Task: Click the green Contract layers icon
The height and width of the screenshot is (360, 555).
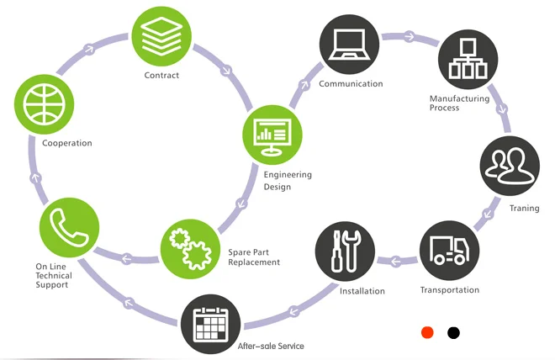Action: coord(161,36)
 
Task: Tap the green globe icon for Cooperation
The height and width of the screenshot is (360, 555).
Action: coord(45,104)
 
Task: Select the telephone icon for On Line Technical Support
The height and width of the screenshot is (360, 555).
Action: coord(69,228)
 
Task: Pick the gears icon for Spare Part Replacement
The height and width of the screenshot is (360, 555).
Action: coord(190,249)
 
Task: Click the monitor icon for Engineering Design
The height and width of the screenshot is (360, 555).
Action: coord(272,135)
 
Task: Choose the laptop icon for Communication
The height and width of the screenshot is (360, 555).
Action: coord(349,45)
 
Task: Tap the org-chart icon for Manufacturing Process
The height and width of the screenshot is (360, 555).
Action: coord(468,60)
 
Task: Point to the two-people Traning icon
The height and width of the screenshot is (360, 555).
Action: coord(510,166)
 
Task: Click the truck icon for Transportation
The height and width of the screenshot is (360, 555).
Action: coord(450,251)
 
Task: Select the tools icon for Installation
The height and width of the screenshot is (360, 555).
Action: coord(345,251)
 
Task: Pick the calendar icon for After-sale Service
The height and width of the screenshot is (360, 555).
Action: coord(211,324)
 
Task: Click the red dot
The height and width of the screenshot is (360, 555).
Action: coord(427,333)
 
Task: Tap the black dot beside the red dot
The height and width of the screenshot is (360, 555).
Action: coord(453,333)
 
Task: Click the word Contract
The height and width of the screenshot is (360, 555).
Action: coord(161,75)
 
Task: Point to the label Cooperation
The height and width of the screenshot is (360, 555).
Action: coord(67,143)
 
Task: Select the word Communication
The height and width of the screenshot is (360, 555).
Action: coord(351,83)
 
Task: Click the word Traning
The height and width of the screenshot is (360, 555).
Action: coord(524,208)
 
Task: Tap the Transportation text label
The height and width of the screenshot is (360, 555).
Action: coord(450,290)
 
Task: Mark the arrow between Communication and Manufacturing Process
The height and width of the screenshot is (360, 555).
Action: coord(410,37)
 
